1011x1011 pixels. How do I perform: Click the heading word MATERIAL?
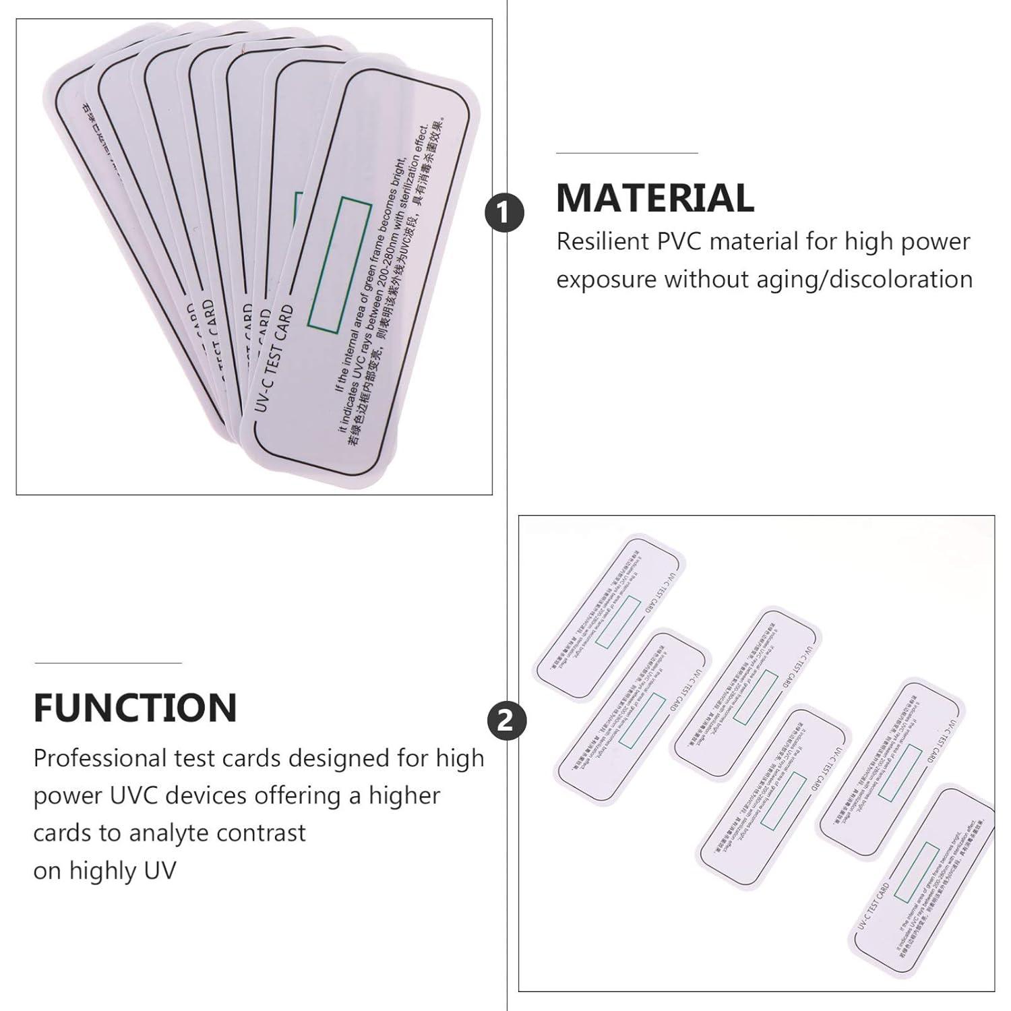coord(654,198)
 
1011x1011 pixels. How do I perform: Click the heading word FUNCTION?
coord(135,708)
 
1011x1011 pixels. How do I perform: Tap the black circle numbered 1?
coord(504,212)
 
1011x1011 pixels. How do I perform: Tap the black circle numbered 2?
coord(506,721)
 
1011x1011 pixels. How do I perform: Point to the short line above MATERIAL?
coord(626,154)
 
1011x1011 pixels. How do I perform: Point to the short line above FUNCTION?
coord(108,663)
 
